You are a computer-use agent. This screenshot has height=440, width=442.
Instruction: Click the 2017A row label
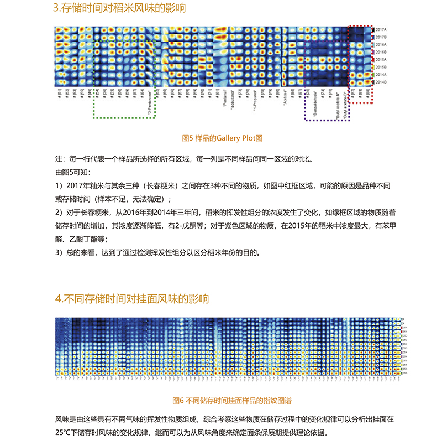pyautogui.click(x=381, y=29)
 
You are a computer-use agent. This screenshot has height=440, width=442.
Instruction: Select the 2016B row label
pyautogui.click(x=381, y=51)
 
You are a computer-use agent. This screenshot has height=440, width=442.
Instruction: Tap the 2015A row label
pyautogui.click(x=381, y=59)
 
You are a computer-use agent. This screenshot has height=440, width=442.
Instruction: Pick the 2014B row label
pyautogui.click(x=381, y=82)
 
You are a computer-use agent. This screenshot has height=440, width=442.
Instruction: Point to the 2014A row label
pyautogui.click(x=381, y=74)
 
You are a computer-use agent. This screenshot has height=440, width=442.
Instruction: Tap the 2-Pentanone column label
pyautogui.click(x=150, y=102)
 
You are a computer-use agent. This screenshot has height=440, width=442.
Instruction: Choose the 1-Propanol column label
pyautogui.click(x=255, y=100)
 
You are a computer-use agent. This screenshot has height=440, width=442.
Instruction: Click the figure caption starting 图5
pyautogui.click(x=222, y=137)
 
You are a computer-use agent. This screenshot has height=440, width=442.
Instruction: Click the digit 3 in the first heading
pyautogui.click(x=57, y=9)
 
